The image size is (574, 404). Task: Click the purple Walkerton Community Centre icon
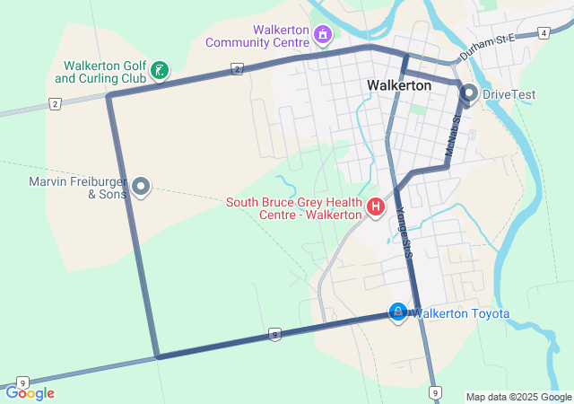pos(322,36)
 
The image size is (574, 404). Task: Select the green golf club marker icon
pos(159,71)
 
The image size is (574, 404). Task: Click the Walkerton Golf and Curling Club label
pos(100,72)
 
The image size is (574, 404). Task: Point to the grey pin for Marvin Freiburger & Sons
pos(141,187)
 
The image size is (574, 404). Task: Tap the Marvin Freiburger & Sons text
pos(77,188)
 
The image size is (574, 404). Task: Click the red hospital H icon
pos(376,209)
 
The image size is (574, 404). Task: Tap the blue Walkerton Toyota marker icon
pos(397,311)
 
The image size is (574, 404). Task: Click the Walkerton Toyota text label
pos(460,313)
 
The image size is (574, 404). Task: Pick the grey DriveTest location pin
pos(469,92)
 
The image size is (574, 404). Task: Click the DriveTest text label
pos(508,93)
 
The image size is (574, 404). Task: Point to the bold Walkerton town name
pos(399,85)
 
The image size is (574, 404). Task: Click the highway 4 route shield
pos(544,33)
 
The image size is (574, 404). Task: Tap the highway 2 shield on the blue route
pos(236,68)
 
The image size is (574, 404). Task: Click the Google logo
pos(30,393)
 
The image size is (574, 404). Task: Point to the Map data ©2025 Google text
pos(518,397)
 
